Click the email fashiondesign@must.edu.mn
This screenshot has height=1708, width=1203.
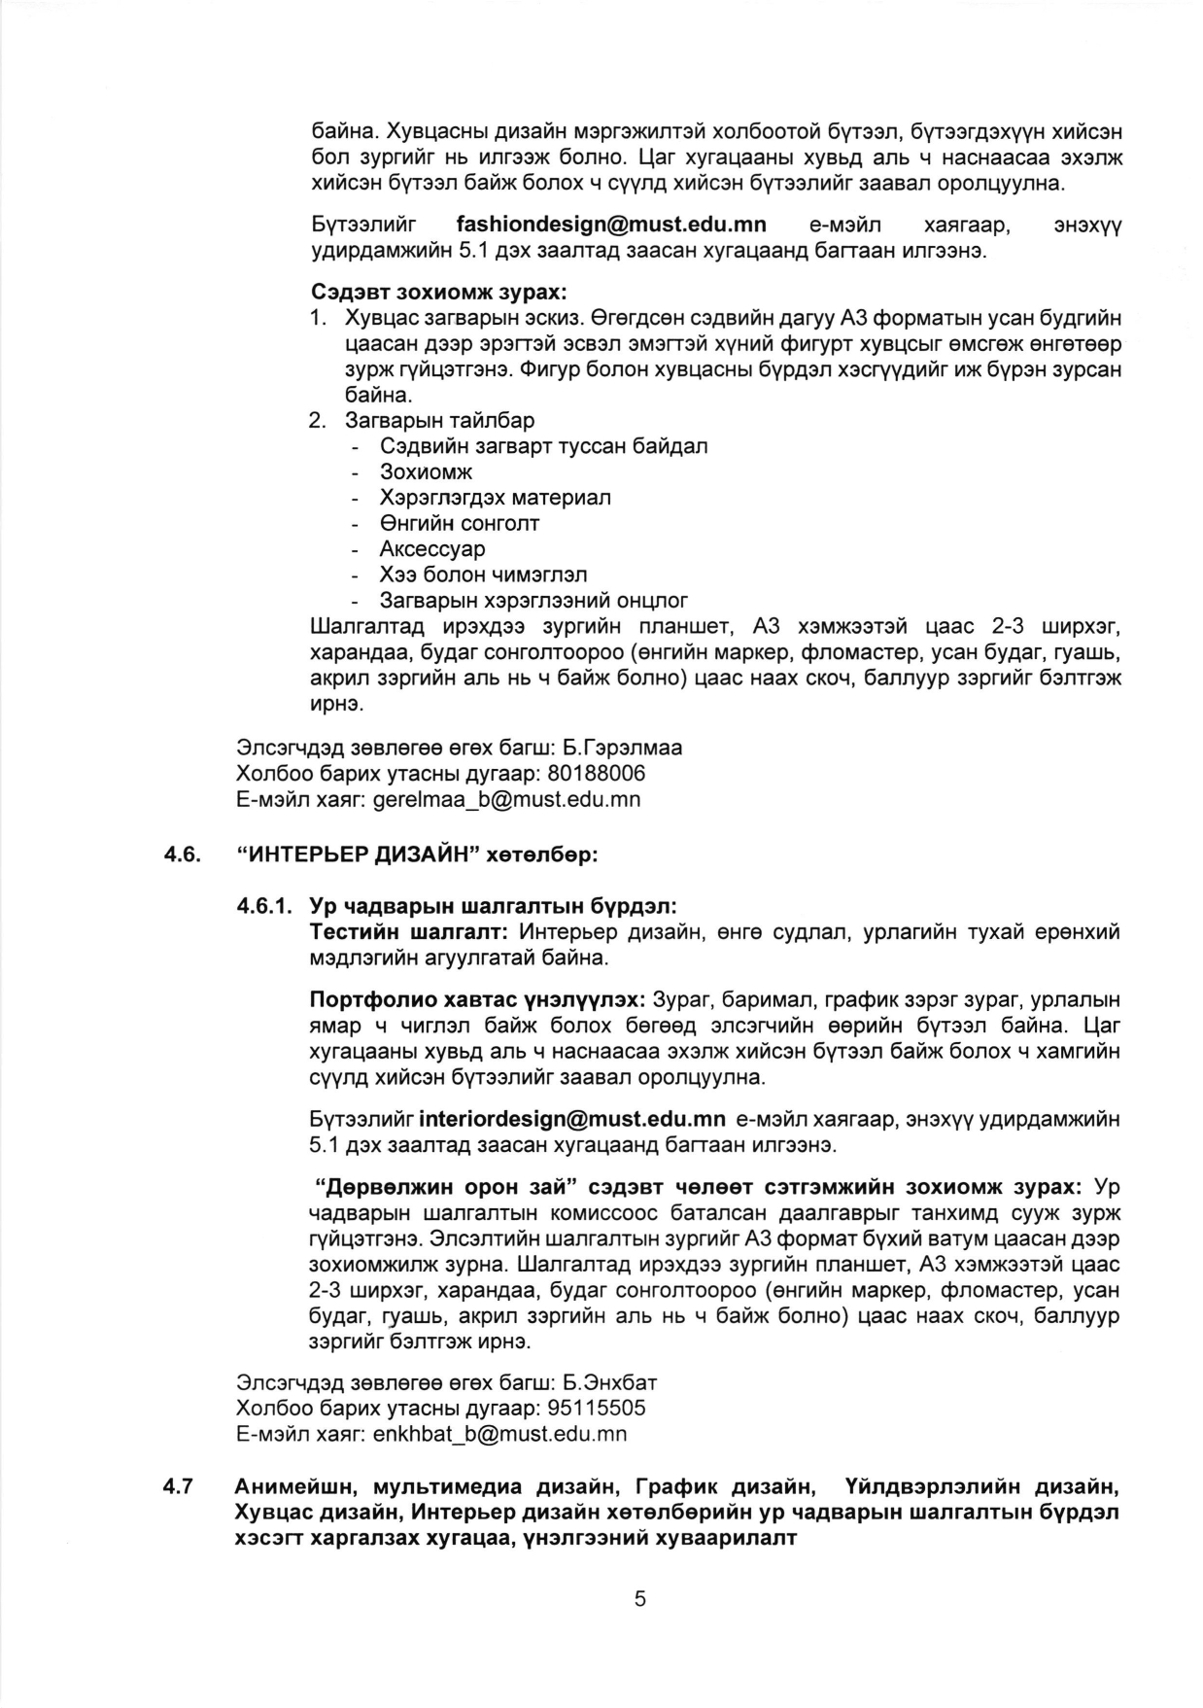(610, 226)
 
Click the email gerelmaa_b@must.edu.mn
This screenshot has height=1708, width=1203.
(506, 800)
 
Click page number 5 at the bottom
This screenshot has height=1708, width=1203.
(639, 1599)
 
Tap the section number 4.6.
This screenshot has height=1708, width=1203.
(181, 855)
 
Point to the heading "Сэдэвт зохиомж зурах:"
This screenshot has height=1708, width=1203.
(438, 292)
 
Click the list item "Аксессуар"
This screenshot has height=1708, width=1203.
(432, 548)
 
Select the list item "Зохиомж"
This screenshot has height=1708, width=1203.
(426, 471)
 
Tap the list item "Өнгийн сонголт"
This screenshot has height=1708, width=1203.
(460, 523)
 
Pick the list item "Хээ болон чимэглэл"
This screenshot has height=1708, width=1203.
(483, 575)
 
